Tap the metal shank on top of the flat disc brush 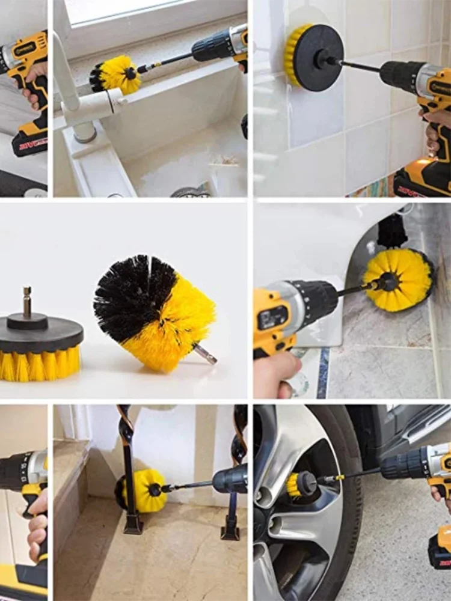(x=27, y=300)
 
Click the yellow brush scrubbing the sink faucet (x=117, y=75)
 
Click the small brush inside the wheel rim (x=301, y=484)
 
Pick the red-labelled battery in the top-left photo (x=30, y=144)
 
